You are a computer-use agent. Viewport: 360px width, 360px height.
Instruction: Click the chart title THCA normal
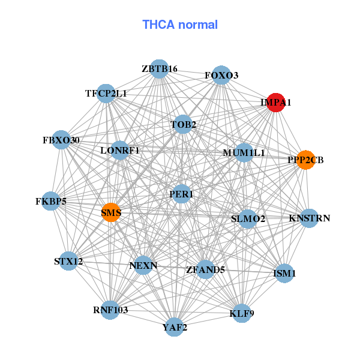pyautogui.click(x=179, y=25)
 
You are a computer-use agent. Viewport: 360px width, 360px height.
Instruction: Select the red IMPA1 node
pyautogui.click(x=275, y=103)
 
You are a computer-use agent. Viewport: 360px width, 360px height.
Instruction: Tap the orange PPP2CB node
pyautogui.click(x=305, y=160)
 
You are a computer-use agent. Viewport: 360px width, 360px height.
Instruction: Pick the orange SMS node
pyautogui.click(x=111, y=212)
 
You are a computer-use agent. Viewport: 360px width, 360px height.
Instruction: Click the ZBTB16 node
pyautogui.click(x=159, y=69)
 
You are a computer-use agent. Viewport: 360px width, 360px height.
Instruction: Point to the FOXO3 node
pyautogui.click(x=221, y=76)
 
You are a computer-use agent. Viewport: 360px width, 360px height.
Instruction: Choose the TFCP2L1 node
pyautogui.click(x=106, y=94)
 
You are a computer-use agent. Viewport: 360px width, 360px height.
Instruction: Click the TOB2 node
pyautogui.click(x=183, y=125)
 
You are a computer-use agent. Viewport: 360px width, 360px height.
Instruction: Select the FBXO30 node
pyautogui.click(x=61, y=140)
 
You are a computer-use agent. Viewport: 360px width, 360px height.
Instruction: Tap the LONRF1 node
pyautogui.click(x=120, y=150)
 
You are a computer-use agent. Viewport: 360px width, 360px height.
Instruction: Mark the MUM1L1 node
pyautogui.click(x=244, y=153)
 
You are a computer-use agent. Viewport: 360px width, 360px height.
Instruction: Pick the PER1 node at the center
pyautogui.click(x=181, y=194)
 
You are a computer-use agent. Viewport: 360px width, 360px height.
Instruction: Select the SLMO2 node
pyautogui.click(x=248, y=219)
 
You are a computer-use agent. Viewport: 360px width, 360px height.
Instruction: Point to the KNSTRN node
pyautogui.click(x=309, y=218)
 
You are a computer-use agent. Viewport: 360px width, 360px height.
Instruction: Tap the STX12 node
pyautogui.click(x=68, y=261)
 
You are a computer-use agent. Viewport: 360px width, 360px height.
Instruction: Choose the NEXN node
pyautogui.click(x=143, y=265)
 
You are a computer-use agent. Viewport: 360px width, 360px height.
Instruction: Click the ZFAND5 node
pyautogui.click(x=205, y=269)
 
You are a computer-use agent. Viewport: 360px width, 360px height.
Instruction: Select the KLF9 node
pyautogui.click(x=242, y=313)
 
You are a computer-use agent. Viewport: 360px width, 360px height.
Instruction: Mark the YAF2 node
pyautogui.click(x=175, y=327)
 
